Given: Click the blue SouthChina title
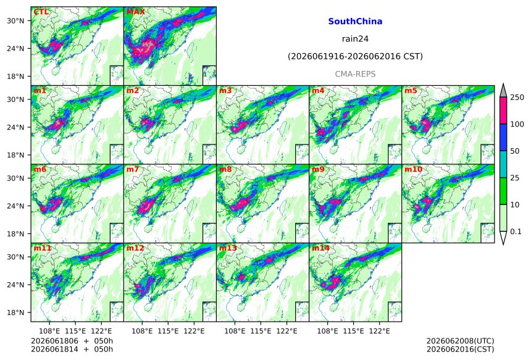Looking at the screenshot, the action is click(x=355, y=22).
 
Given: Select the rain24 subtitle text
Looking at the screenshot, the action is click(x=355, y=39).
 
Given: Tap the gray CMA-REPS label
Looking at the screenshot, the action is click(x=355, y=74).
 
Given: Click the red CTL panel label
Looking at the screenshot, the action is click(x=41, y=12).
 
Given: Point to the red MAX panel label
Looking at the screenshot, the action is click(x=135, y=12).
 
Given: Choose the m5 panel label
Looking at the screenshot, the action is click(x=411, y=91).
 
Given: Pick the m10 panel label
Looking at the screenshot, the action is click(x=413, y=169).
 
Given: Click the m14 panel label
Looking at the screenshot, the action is click(x=320, y=248).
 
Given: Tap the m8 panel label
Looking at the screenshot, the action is click(x=225, y=169).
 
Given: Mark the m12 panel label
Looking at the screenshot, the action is click(x=135, y=248).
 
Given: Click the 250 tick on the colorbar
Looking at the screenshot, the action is click(x=517, y=98).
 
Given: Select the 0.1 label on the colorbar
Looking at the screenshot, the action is click(x=516, y=232).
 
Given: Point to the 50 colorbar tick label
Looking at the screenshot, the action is click(x=515, y=151).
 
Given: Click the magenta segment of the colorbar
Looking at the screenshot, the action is click(x=503, y=111).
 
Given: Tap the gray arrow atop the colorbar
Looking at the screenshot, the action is click(x=503, y=91).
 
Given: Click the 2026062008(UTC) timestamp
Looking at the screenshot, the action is click(x=460, y=341).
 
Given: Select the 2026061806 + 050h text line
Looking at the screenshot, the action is click(x=72, y=341).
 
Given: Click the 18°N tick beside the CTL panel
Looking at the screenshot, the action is click(x=15, y=77).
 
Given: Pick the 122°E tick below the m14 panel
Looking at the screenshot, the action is click(x=379, y=331).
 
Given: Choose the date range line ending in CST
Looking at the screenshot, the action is click(x=355, y=57).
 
